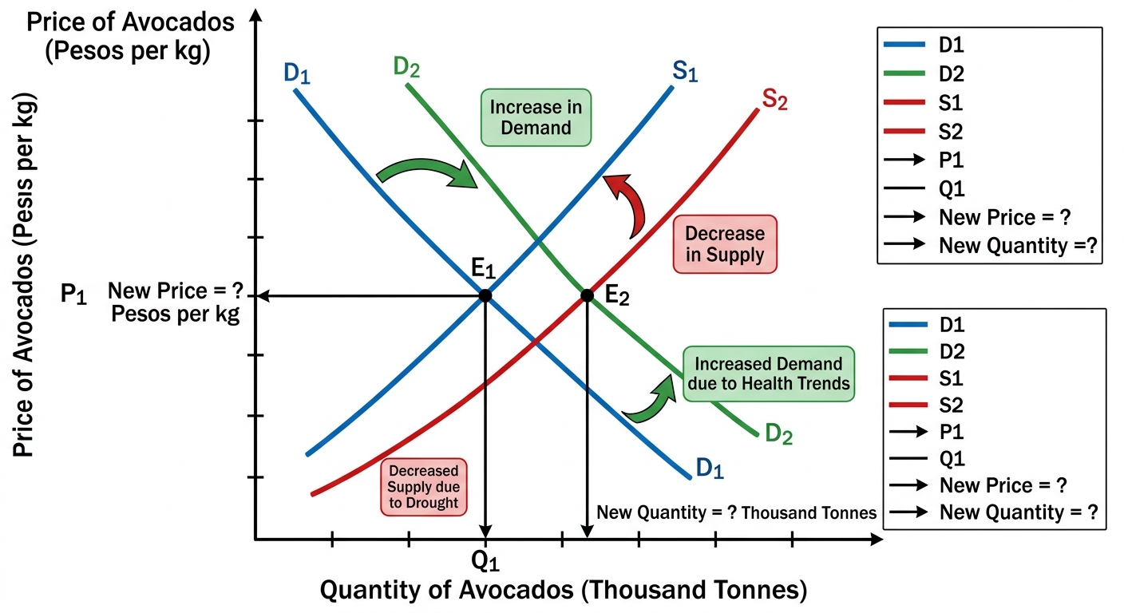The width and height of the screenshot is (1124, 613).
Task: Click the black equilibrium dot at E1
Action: (x=485, y=295)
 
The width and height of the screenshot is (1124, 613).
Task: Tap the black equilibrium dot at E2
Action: (x=587, y=295)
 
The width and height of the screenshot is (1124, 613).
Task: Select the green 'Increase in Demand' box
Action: (x=536, y=117)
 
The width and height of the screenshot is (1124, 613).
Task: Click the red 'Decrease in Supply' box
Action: (x=725, y=244)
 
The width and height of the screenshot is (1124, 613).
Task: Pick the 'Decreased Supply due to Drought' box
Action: (x=424, y=487)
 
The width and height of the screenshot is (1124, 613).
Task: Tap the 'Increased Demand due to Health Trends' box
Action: (x=769, y=374)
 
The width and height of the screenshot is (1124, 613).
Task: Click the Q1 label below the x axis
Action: (x=485, y=561)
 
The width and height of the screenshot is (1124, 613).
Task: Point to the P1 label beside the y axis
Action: (x=73, y=294)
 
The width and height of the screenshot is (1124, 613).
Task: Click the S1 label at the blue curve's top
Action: (x=685, y=71)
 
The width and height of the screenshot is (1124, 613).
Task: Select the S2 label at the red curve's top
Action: (x=775, y=99)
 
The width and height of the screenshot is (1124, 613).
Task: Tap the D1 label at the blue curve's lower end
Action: (x=710, y=468)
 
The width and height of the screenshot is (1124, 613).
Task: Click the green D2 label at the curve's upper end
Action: (x=406, y=67)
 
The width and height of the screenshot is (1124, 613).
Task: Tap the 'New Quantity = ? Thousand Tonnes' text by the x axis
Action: (x=737, y=512)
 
